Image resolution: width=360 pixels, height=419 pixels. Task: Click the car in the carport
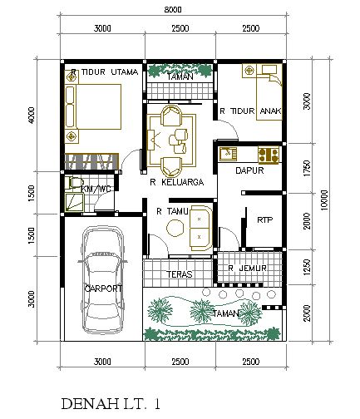coord(103,279)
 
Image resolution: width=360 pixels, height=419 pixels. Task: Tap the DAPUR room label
coord(249,170)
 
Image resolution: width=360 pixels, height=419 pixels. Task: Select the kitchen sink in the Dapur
coord(228,154)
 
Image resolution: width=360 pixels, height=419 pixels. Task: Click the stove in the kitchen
coord(269,155)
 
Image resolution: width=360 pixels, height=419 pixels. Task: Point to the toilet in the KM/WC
coord(74,182)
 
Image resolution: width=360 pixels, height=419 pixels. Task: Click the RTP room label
coord(264,219)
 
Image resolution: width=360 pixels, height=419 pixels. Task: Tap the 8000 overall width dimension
coord(173,10)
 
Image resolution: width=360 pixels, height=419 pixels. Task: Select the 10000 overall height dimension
coord(324,200)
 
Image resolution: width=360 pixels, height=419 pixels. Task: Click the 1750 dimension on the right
coord(307,168)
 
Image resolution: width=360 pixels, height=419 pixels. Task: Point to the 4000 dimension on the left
coord(32,116)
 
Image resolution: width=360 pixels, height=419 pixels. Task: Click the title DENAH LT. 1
coord(111,404)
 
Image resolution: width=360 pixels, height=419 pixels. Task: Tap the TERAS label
coord(180,274)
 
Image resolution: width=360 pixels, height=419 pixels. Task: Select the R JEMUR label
coord(247,268)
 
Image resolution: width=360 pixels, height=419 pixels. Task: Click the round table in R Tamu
coord(175,228)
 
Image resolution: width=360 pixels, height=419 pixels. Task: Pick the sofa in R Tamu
coord(200,228)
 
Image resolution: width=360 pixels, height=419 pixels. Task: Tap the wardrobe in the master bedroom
coord(91,161)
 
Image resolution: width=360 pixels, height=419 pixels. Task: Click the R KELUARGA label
coord(176,182)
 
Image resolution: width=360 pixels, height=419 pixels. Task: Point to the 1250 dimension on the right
coord(307,267)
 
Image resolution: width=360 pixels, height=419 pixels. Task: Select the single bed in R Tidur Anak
coord(269,92)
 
